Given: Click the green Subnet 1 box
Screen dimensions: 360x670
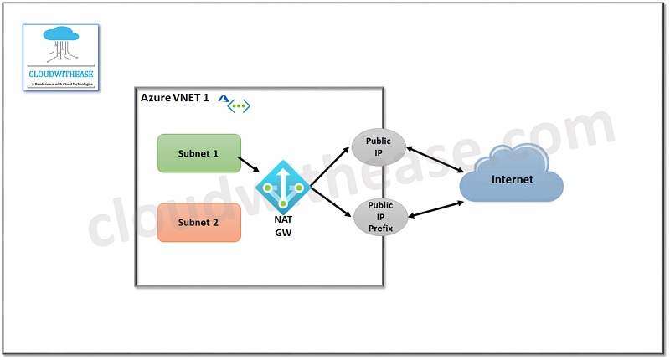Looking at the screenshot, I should coord(198,153).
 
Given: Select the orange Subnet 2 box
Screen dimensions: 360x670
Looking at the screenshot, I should coord(198,223).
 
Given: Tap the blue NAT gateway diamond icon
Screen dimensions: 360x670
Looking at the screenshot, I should coord(283,187).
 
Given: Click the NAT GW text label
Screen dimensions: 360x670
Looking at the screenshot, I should coord(283,225).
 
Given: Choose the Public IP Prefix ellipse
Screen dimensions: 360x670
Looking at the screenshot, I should coord(380,216).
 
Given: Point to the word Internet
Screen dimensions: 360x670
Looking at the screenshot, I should coord(511,179).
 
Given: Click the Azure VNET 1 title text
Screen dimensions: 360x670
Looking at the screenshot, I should coord(175,99).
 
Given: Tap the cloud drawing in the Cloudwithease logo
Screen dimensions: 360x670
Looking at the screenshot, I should coord(60,42).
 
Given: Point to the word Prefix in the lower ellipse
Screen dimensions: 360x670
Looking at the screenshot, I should coord(380,227).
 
